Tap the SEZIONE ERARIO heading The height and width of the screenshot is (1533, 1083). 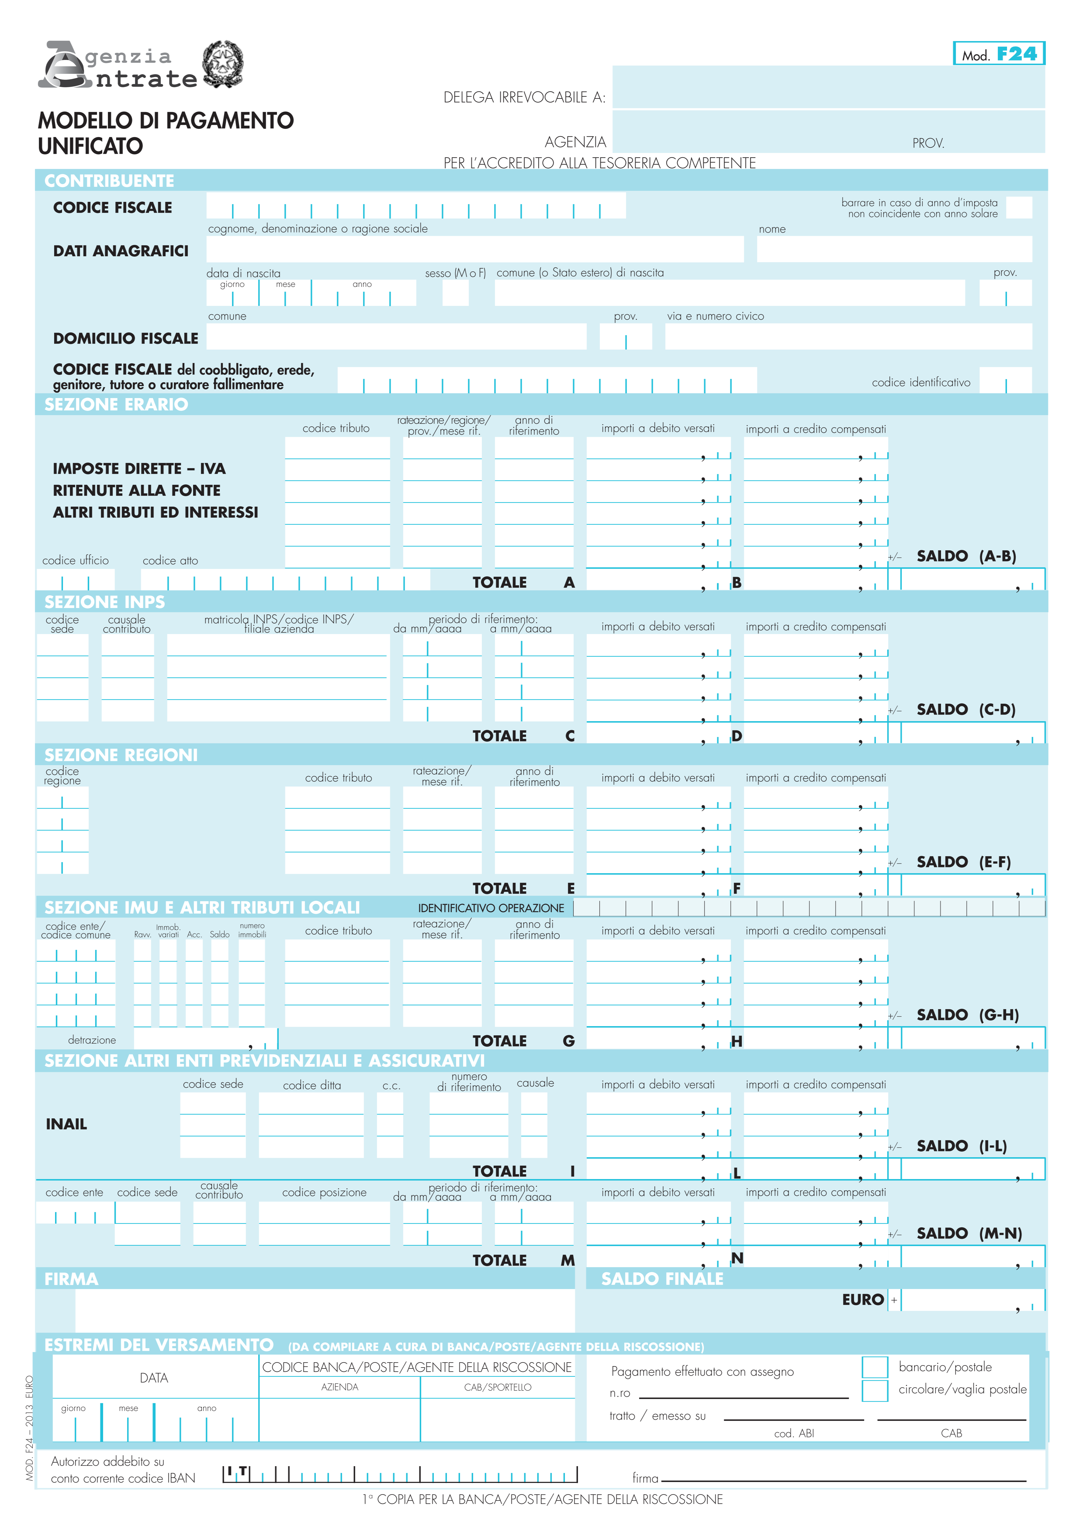tap(116, 405)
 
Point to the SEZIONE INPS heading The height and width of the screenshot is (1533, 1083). tap(104, 602)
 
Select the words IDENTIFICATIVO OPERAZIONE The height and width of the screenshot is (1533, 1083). tap(491, 908)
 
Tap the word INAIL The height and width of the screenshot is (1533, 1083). tap(66, 1124)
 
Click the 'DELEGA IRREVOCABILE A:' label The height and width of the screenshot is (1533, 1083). tap(524, 97)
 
